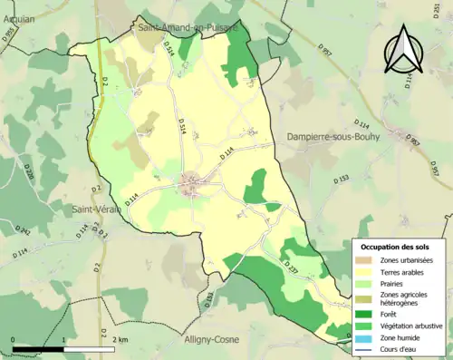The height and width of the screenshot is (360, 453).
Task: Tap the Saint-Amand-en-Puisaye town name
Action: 187,28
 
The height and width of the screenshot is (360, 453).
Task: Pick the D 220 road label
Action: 28,171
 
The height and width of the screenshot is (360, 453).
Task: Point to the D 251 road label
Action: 448,34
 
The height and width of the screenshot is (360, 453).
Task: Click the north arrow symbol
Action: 401,50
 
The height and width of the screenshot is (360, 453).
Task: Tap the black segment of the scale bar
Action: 38,348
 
